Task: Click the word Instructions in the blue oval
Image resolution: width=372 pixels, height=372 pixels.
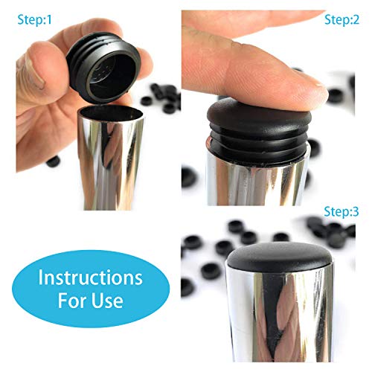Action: pyautogui.click(x=91, y=278)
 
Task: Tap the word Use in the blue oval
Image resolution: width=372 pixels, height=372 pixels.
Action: pyautogui.click(x=108, y=302)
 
